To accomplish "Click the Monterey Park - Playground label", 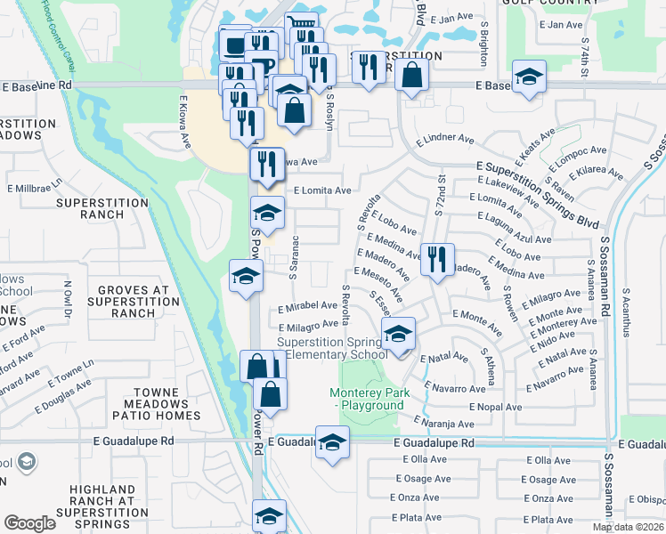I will click(x=367, y=399).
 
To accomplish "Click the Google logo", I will click(x=29, y=523).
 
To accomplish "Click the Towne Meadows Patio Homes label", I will click(x=167, y=404).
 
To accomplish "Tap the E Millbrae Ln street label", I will click(x=36, y=189).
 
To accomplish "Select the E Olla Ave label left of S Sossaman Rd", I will click(x=549, y=460).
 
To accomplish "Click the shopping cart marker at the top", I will click(x=301, y=26).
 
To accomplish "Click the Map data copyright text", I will click(x=627, y=527).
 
